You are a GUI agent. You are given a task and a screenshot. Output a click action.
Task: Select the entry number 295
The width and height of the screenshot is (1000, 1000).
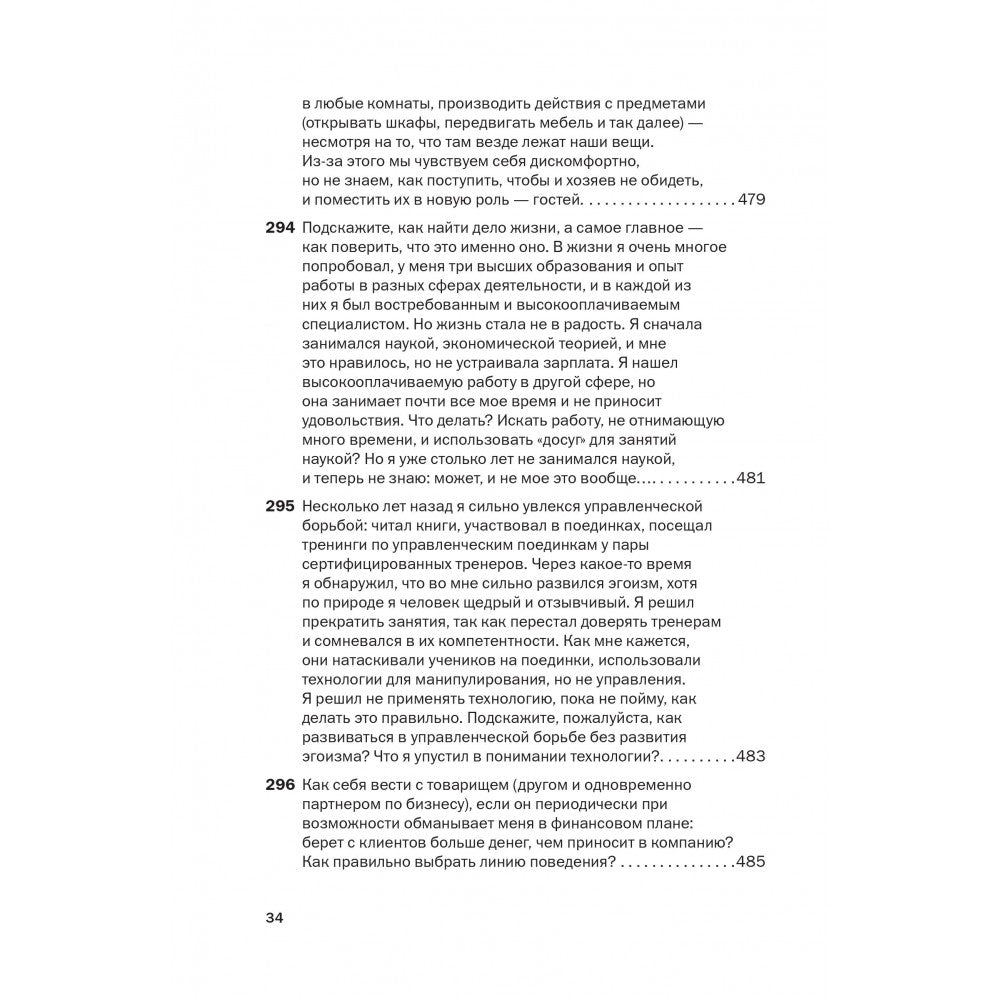point(279,506)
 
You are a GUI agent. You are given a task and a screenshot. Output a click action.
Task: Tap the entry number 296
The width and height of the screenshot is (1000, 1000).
point(279,784)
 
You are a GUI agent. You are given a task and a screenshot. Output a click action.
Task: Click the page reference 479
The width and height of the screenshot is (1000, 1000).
point(750,200)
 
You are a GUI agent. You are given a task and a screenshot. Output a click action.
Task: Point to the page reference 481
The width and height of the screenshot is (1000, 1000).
point(750,478)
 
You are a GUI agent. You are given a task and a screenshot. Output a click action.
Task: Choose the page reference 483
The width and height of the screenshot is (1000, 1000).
point(750,755)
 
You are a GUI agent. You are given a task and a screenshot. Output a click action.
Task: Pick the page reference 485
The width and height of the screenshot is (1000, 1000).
point(750,862)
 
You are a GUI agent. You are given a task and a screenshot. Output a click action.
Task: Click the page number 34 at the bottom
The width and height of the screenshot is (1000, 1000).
point(275,918)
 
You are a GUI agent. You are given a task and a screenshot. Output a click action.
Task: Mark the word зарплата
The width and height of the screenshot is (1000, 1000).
point(607,363)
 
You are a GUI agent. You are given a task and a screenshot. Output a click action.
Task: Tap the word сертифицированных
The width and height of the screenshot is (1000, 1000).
point(382,564)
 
